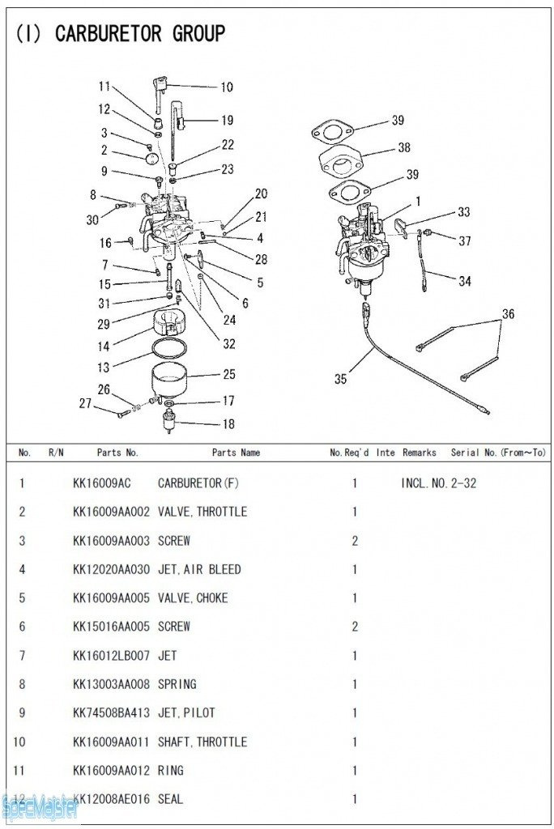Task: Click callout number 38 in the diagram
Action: tap(403, 147)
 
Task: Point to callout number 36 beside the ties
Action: tap(508, 313)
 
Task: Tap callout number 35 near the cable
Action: tap(340, 377)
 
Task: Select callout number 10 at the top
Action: tap(226, 87)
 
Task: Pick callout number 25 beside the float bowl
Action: tap(229, 374)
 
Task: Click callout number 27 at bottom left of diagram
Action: tap(85, 403)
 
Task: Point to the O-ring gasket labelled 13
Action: tap(170, 349)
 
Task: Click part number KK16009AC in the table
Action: tap(101, 483)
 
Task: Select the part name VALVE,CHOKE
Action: tap(193, 597)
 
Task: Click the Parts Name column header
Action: tap(236, 453)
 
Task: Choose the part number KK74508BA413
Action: tap(111, 712)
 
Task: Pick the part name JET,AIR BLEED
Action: tap(199, 569)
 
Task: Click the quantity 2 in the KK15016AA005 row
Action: tap(355, 627)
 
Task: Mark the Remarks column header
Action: tap(419, 453)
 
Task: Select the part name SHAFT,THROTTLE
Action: tap(202, 742)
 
